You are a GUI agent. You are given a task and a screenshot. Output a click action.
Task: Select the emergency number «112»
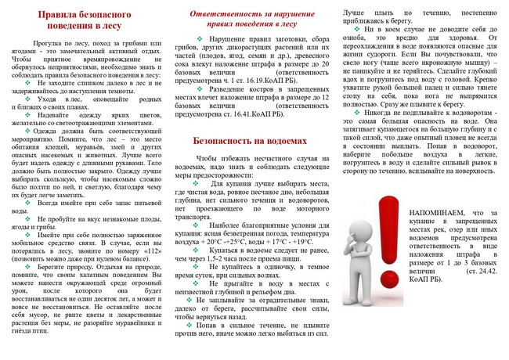tap(150, 246)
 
